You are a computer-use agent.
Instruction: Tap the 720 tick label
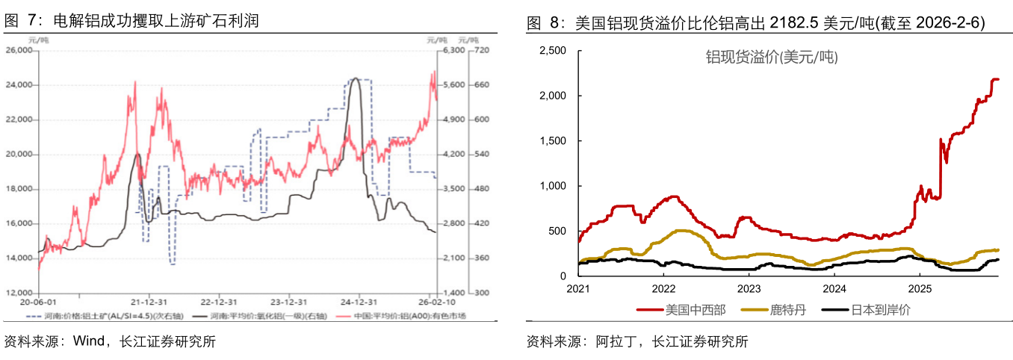(480, 51)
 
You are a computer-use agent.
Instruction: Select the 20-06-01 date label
(40, 302)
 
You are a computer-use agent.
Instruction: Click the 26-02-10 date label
(437, 302)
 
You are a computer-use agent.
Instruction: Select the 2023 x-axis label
(749, 288)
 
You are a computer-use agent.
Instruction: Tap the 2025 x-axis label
(920, 288)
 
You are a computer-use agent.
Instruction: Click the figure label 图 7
(20, 21)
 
